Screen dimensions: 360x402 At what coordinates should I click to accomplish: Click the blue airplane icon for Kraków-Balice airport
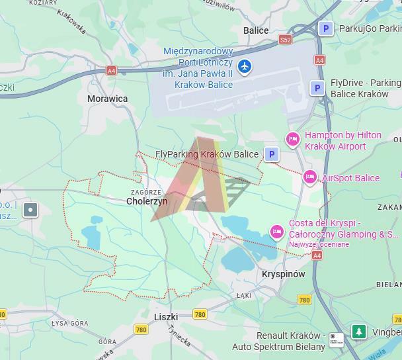pyautogui.click(x=245, y=66)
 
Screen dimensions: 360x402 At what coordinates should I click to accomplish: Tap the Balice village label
pyautogui.click(x=256, y=30)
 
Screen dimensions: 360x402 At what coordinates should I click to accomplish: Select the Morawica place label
pyautogui.click(x=108, y=99)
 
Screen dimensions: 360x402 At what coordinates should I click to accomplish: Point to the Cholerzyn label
pyautogui.click(x=147, y=201)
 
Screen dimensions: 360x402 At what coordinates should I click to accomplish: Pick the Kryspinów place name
pyautogui.click(x=283, y=274)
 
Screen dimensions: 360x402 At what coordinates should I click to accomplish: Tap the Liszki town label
pyautogui.click(x=166, y=317)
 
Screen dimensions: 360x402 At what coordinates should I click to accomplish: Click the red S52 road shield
pyautogui.click(x=285, y=40)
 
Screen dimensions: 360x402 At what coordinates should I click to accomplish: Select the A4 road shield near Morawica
pyautogui.click(x=111, y=71)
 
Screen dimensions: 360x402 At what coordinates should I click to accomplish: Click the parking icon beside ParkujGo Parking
pyautogui.click(x=325, y=28)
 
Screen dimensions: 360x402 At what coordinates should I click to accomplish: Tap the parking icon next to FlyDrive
pyautogui.click(x=317, y=88)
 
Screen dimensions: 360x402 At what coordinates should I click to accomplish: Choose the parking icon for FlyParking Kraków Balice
pyautogui.click(x=271, y=154)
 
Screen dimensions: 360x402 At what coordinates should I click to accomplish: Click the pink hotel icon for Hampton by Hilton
pyautogui.click(x=292, y=140)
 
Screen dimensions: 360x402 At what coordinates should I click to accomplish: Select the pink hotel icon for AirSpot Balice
pyautogui.click(x=309, y=177)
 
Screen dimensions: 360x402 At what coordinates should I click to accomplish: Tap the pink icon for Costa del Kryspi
pyautogui.click(x=277, y=231)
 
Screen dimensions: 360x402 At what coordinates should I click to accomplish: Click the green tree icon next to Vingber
pyautogui.click(x=358, y=331)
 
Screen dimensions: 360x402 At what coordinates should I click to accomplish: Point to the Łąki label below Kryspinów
pyautogui.click(x=244, y=296)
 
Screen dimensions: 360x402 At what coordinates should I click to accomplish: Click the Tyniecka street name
pyautogui.click(x=179, y=336)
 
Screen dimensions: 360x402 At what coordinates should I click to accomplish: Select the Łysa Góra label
pyautogui.click(x=70, y=323)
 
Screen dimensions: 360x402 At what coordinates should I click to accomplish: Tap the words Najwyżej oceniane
pyautogui.click(x=319, y=244)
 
